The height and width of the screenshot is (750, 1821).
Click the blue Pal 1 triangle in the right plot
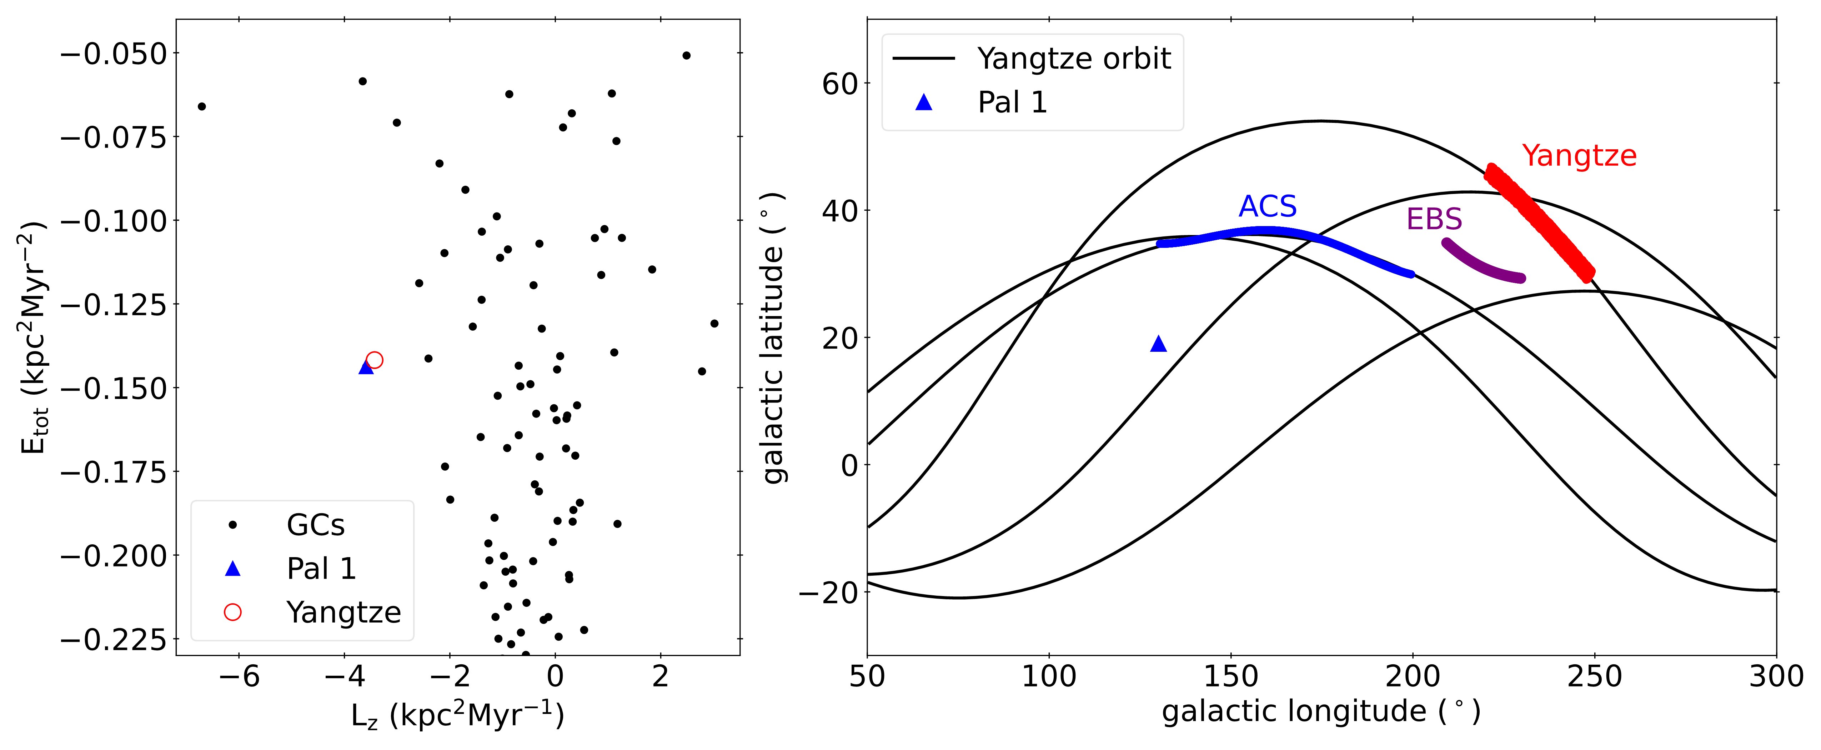[1158, 344]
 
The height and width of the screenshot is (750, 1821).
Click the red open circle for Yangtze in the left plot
[375, 360]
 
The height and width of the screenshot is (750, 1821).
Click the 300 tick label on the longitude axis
[1776, 677]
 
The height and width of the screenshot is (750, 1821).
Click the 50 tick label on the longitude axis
[867, 677]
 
